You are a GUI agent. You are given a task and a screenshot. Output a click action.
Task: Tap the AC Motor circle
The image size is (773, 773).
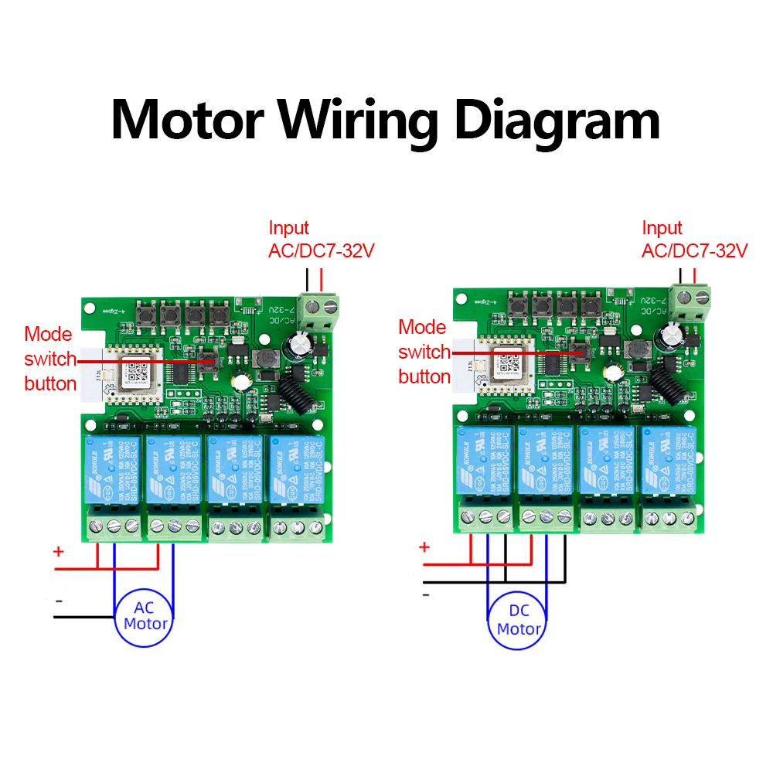145,616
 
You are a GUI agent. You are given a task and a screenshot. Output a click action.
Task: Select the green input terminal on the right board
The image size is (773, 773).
692,301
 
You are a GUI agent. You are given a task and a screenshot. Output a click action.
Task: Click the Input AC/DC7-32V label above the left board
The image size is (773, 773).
321,240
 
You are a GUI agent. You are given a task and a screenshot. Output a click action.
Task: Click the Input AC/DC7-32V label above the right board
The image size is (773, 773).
694,240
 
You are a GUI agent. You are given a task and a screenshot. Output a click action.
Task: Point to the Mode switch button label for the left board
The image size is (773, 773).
49,359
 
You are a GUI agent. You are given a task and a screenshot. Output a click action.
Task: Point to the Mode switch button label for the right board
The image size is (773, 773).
424,352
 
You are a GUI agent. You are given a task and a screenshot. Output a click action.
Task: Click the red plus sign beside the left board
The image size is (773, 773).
58,552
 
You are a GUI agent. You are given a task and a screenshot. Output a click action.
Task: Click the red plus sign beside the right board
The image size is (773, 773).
424,547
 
